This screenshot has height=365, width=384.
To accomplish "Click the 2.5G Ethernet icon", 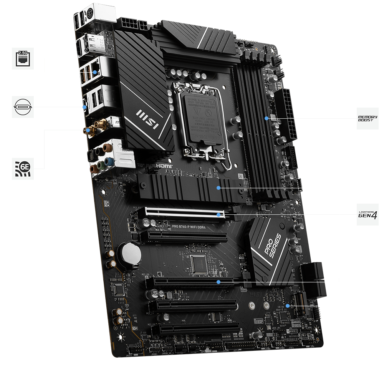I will (x=23, y=58).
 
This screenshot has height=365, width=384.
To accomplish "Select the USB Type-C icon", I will (x=23, y=106).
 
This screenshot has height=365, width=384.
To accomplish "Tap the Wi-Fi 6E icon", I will (x=23, y=168).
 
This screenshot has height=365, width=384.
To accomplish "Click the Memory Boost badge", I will (x=367, y=118).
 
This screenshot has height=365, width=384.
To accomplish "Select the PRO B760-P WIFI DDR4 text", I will (x=194, y=227).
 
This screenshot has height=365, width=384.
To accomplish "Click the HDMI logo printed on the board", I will (x=165, y=166).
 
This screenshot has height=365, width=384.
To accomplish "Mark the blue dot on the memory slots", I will (x=266, y=118).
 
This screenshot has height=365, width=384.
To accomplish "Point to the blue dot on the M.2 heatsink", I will (x=218, y=188).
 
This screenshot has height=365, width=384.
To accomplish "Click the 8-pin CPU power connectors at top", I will (x=132, y=25).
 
